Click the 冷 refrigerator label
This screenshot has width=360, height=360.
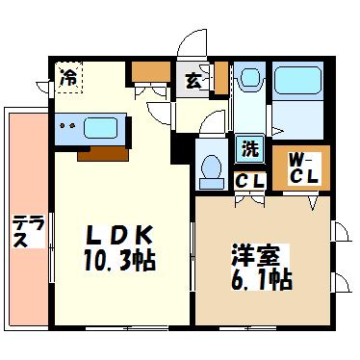tap(68, 78)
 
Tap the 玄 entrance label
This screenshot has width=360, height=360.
tap(193, 81)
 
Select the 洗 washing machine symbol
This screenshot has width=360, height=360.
tap(249, 149)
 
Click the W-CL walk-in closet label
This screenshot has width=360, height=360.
tap(303, 168)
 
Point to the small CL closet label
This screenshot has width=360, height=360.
tap(249, 181)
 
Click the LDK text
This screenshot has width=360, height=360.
tap(119, 235)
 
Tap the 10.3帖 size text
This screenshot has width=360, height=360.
tap(119, 260)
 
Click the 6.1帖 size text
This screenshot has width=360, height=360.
tap(261, 280)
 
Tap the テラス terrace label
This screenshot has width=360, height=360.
tap(28, 232)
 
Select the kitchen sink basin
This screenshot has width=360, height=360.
tap(100, 128)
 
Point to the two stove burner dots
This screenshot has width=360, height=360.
tap(68, 126)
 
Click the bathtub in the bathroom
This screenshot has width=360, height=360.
tap(297, 80)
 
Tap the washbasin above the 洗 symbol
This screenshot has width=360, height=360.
tap(250, 78)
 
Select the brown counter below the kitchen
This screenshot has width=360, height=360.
tap(103, 154)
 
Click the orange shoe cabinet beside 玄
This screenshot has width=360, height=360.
tap(221, 78)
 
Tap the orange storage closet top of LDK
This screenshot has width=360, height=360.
tap(151, 71)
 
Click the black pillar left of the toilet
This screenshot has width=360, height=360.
tap(180, 149)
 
